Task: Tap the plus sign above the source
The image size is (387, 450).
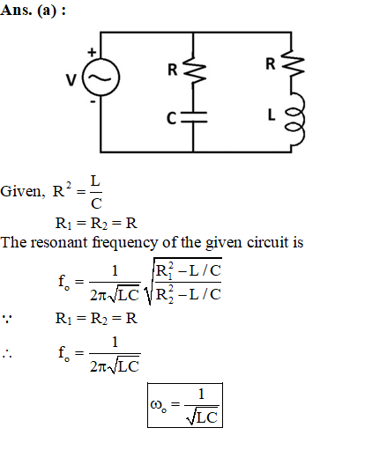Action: pos(92,52)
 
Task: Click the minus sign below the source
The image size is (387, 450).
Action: pos(93,102)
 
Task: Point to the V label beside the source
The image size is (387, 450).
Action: pos(71,80)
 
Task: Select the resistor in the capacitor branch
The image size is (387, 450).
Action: pos(194,70)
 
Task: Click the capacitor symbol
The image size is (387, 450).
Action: pos(194,117)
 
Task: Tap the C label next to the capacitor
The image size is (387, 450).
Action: pos(171,118)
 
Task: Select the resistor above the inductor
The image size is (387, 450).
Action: pos(293,63)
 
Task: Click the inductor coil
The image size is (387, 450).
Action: pos(294,120)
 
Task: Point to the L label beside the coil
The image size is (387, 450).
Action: pos(272,114)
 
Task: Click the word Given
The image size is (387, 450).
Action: pos(23,191)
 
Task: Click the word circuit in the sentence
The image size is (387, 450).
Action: pos(267,242)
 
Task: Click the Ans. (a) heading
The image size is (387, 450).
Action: pos(33,11)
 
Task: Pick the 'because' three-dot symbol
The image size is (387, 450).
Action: pos(7,319)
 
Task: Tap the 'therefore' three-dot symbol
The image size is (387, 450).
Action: pos(7,354)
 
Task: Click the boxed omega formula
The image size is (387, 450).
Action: pos(185,405)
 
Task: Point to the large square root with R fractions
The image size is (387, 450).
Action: pos(182,282)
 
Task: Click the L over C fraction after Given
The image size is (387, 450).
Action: pos(96,192)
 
